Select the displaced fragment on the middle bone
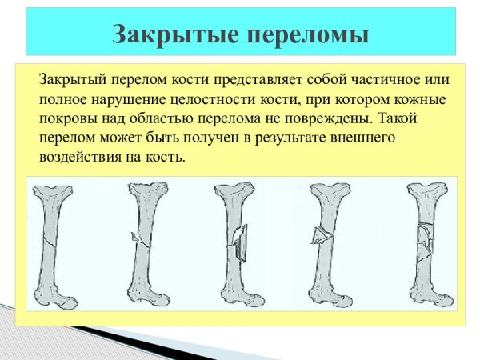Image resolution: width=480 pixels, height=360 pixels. pos(240,238)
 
